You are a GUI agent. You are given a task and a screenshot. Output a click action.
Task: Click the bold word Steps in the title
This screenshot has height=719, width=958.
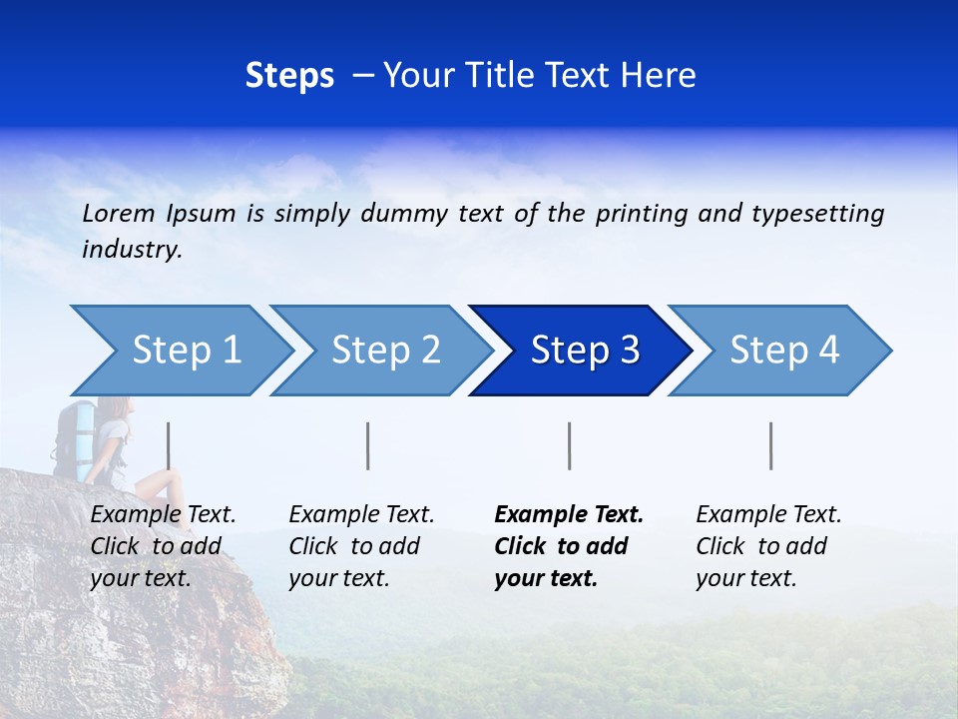click(289, 75)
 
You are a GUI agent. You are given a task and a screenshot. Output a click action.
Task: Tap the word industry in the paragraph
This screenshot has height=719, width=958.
click(131, 249)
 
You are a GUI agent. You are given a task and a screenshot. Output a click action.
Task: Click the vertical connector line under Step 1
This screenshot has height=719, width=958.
click(169, 445)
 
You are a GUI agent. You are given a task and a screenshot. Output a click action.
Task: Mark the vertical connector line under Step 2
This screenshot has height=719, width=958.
click(368, 445)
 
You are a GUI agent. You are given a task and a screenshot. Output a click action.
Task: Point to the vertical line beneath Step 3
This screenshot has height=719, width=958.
click(570, 445)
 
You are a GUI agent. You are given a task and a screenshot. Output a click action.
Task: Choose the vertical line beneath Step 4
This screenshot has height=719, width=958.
click(771, 445)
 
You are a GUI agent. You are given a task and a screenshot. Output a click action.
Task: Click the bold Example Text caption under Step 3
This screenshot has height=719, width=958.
click(569, 545)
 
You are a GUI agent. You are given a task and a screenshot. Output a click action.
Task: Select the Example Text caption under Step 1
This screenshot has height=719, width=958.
click(163, 545)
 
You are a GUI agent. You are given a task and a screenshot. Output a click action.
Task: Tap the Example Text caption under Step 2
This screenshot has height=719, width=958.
click(361, 545)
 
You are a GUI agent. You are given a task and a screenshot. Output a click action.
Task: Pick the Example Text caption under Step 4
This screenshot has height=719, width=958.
click(768, 545)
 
